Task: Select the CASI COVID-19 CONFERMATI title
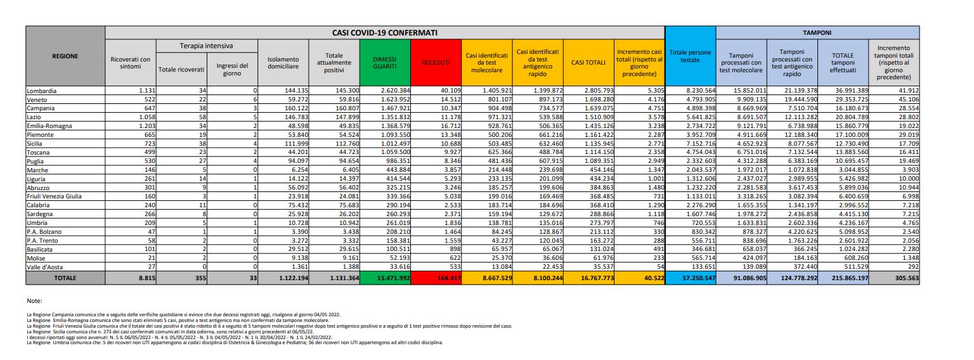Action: coord(385,32)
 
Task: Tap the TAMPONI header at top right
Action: coord(817,32)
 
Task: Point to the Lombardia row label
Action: coord(42,91)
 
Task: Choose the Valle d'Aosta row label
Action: coord(46,267)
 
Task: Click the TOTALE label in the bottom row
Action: coord(65,278)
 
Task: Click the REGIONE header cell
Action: coord(65,56)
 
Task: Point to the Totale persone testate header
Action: coord(691,56)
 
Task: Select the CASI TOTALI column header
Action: coord(588,62)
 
